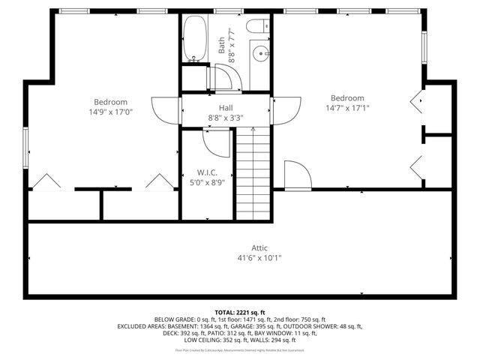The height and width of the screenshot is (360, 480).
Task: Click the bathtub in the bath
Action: click(196, 38)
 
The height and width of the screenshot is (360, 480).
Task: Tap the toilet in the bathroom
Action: click(254, 28)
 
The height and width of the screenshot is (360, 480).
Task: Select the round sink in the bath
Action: click(259, 52)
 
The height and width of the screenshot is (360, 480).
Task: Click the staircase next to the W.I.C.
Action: click(253, 174)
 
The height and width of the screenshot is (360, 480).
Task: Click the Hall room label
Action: click(225, 108)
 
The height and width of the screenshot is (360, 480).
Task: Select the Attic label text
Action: click(259, 248)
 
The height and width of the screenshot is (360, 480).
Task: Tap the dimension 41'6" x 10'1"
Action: click(259, 257)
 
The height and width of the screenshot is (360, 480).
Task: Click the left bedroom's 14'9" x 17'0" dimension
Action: click(110, 112)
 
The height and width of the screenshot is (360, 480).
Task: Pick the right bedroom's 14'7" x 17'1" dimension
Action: click(347, 107)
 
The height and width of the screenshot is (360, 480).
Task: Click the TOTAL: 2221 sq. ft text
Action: click(239, 312)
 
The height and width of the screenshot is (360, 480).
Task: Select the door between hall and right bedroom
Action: click(284, 110)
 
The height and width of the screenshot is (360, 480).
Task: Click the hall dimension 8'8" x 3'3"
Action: click(225, 117)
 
